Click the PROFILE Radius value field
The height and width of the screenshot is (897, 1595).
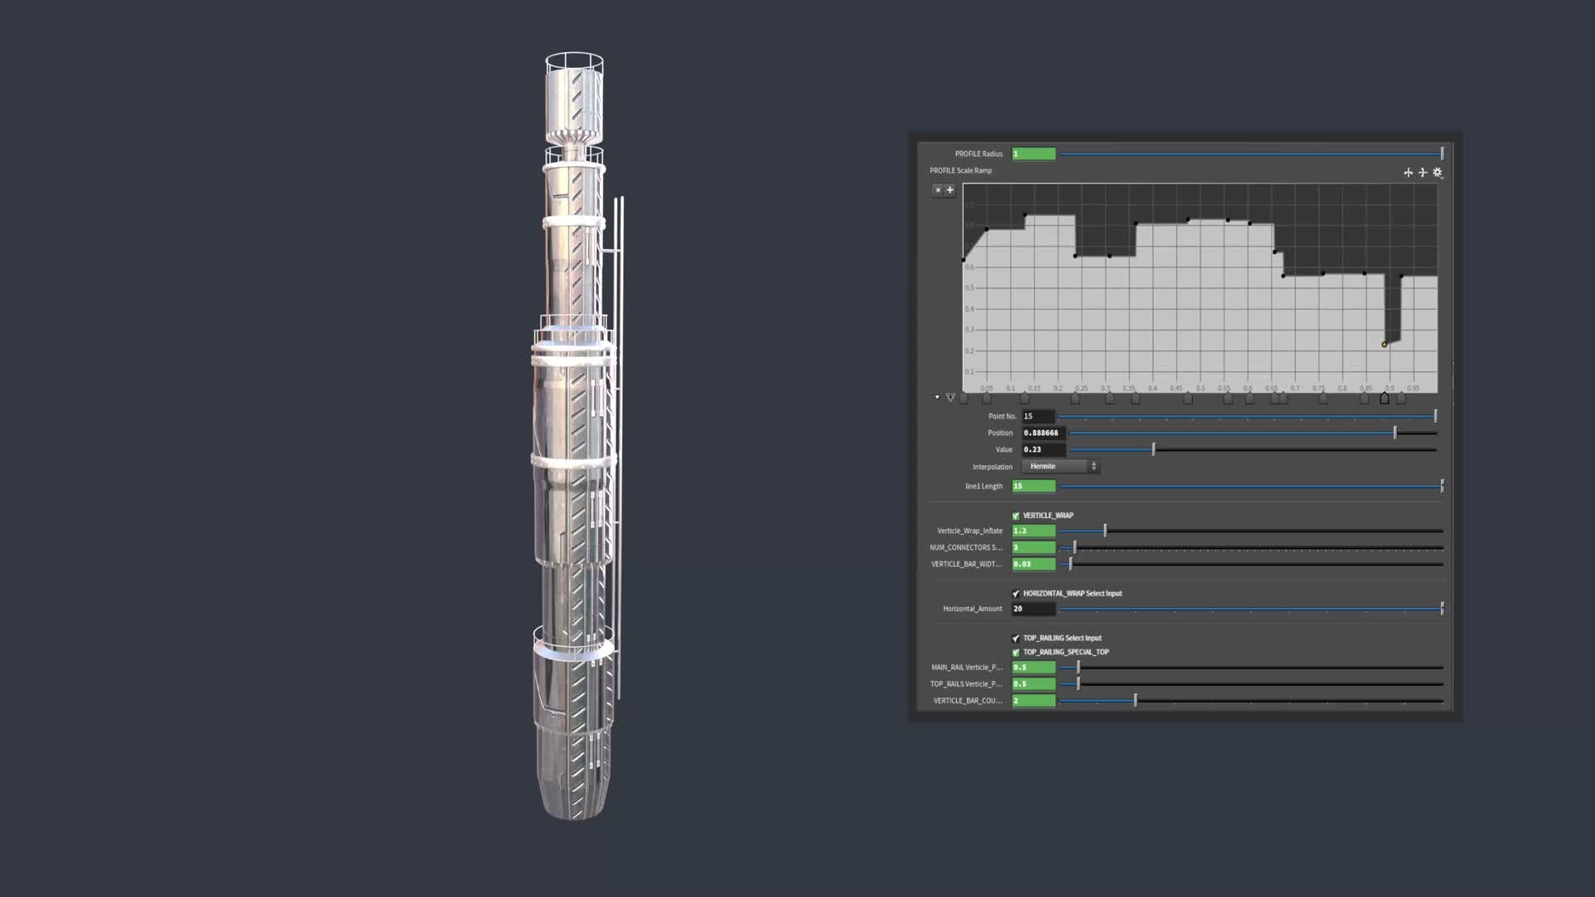1033,154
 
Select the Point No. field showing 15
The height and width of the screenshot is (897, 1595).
1038,416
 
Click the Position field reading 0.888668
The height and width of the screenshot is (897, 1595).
1043,433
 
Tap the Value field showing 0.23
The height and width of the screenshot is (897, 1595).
1043,449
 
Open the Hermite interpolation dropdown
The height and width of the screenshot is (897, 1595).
1060,467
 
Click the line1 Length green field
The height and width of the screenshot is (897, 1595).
1033,486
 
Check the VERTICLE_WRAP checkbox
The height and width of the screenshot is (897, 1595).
1015,516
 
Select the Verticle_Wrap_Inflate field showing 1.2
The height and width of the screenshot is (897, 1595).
1033,531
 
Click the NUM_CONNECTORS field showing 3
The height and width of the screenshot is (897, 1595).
1033,547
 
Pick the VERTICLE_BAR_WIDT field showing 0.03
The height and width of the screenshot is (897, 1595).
1033,564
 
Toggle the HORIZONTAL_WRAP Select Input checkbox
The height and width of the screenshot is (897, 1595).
1015,594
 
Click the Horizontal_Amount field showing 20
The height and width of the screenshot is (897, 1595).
1033,609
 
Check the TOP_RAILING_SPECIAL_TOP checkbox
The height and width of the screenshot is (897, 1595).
1015,653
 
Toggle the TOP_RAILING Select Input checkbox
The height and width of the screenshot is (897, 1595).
1015,639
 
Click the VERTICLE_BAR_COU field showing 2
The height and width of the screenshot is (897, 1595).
1033,701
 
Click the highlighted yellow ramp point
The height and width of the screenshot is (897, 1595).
1384,345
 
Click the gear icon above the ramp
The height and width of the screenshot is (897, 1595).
1437,173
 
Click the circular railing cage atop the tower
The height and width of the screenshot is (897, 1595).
574,62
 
